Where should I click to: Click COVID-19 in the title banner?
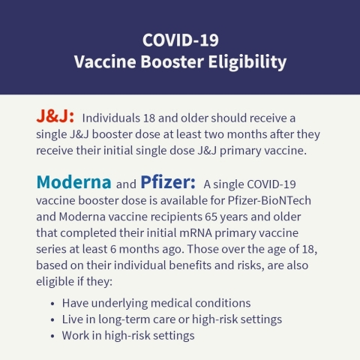click(180, 39)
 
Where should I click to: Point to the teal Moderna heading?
click(73, 182)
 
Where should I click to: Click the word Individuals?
click(112, 118)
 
